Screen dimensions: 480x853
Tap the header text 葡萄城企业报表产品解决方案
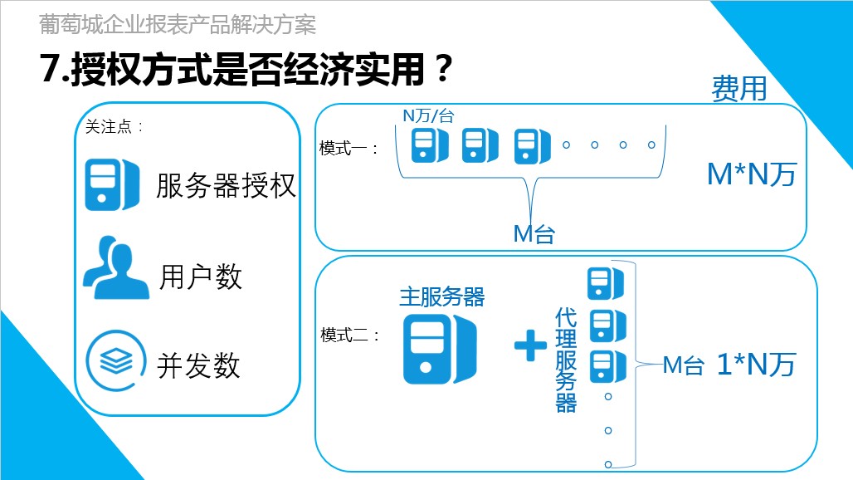tap(178, 25)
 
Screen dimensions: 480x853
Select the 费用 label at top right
tap(738, 88)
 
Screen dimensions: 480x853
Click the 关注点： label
tap(115, 127)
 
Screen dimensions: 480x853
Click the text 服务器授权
tap(226, 185)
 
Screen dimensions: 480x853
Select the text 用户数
tap(201, 277)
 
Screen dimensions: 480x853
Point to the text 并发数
tap(198, 365)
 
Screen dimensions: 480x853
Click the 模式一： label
tap(349, 149)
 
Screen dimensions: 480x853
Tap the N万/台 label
tap(428, 116)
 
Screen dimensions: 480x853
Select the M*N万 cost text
tap(751, 174)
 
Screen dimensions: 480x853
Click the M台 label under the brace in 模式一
tap(534, 234)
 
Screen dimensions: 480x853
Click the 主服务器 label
tap(441, 296)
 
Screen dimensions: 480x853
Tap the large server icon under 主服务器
tap(440, 349)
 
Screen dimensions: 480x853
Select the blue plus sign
tap(530, 345)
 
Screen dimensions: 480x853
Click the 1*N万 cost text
tap(755, 365)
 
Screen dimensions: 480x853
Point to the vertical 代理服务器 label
tap(566, 359)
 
